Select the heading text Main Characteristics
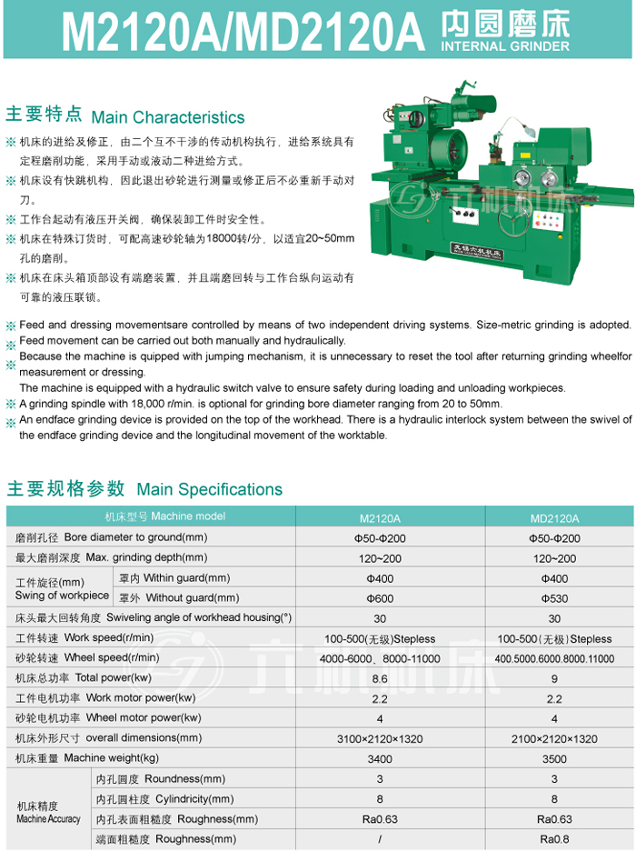click(168, 117)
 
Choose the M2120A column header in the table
click(380, 518)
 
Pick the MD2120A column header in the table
click(554, 518)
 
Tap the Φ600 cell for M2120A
click(380, 598)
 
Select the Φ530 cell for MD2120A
click(554, 598)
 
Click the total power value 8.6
click(380, 678)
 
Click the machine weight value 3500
click(554, 758)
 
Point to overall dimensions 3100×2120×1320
click(380, 738)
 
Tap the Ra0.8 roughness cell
click(554, 838)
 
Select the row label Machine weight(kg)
click(87, 758)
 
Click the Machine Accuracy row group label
click(48, 813)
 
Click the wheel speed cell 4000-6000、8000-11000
click(380, 658)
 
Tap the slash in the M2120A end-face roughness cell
click(380, 838)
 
